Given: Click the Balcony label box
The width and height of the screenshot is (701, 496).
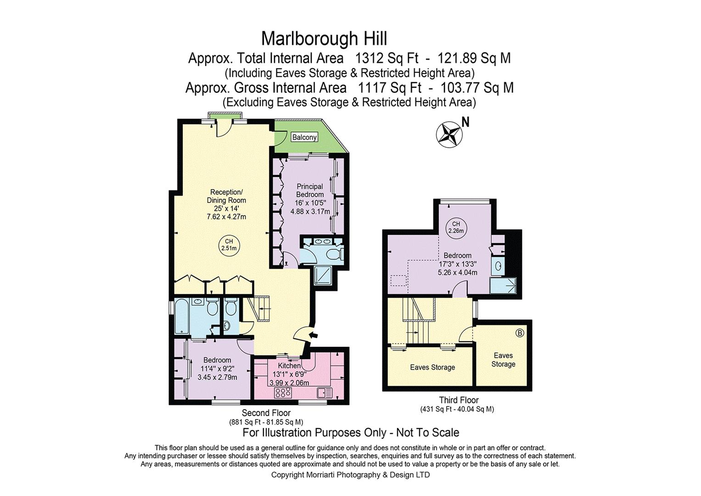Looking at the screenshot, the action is point(304,137).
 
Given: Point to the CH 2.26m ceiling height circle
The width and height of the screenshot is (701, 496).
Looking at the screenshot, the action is point(456,228).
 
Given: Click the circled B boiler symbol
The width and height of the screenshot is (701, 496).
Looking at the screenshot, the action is point(520,333).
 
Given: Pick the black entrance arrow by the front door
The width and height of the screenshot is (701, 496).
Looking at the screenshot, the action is point(313,335).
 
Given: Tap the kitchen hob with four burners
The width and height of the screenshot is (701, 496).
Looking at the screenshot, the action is point(283,393).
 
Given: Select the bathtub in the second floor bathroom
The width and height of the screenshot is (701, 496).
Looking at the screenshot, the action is point(181,317).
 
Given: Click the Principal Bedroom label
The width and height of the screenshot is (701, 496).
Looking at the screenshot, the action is point(310,191).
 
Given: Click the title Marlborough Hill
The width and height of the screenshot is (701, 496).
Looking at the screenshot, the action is point(324,39).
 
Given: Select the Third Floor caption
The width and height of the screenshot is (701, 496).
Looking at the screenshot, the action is point(459,400).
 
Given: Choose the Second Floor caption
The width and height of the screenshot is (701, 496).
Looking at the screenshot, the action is point(266,413).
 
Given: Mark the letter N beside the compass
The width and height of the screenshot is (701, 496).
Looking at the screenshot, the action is point(465,122).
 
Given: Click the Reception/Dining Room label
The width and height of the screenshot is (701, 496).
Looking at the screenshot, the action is point(226,196).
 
